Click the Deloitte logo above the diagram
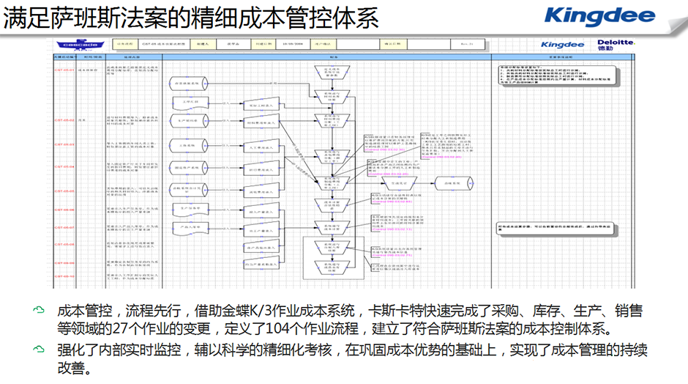pos(615,44)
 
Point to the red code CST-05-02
pos(65,119)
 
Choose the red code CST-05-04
pos(65,166)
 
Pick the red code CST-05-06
pos(65,210)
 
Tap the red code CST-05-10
pos(65,276)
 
